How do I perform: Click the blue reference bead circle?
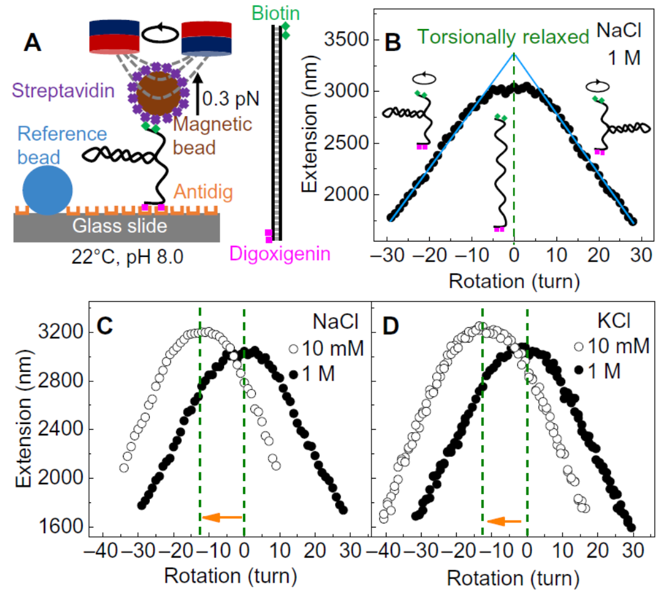coord(47,190)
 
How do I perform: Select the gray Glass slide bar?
coord(117,226)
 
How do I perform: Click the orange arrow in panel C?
coord(223,517)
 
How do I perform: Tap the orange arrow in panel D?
coord(504,521)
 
